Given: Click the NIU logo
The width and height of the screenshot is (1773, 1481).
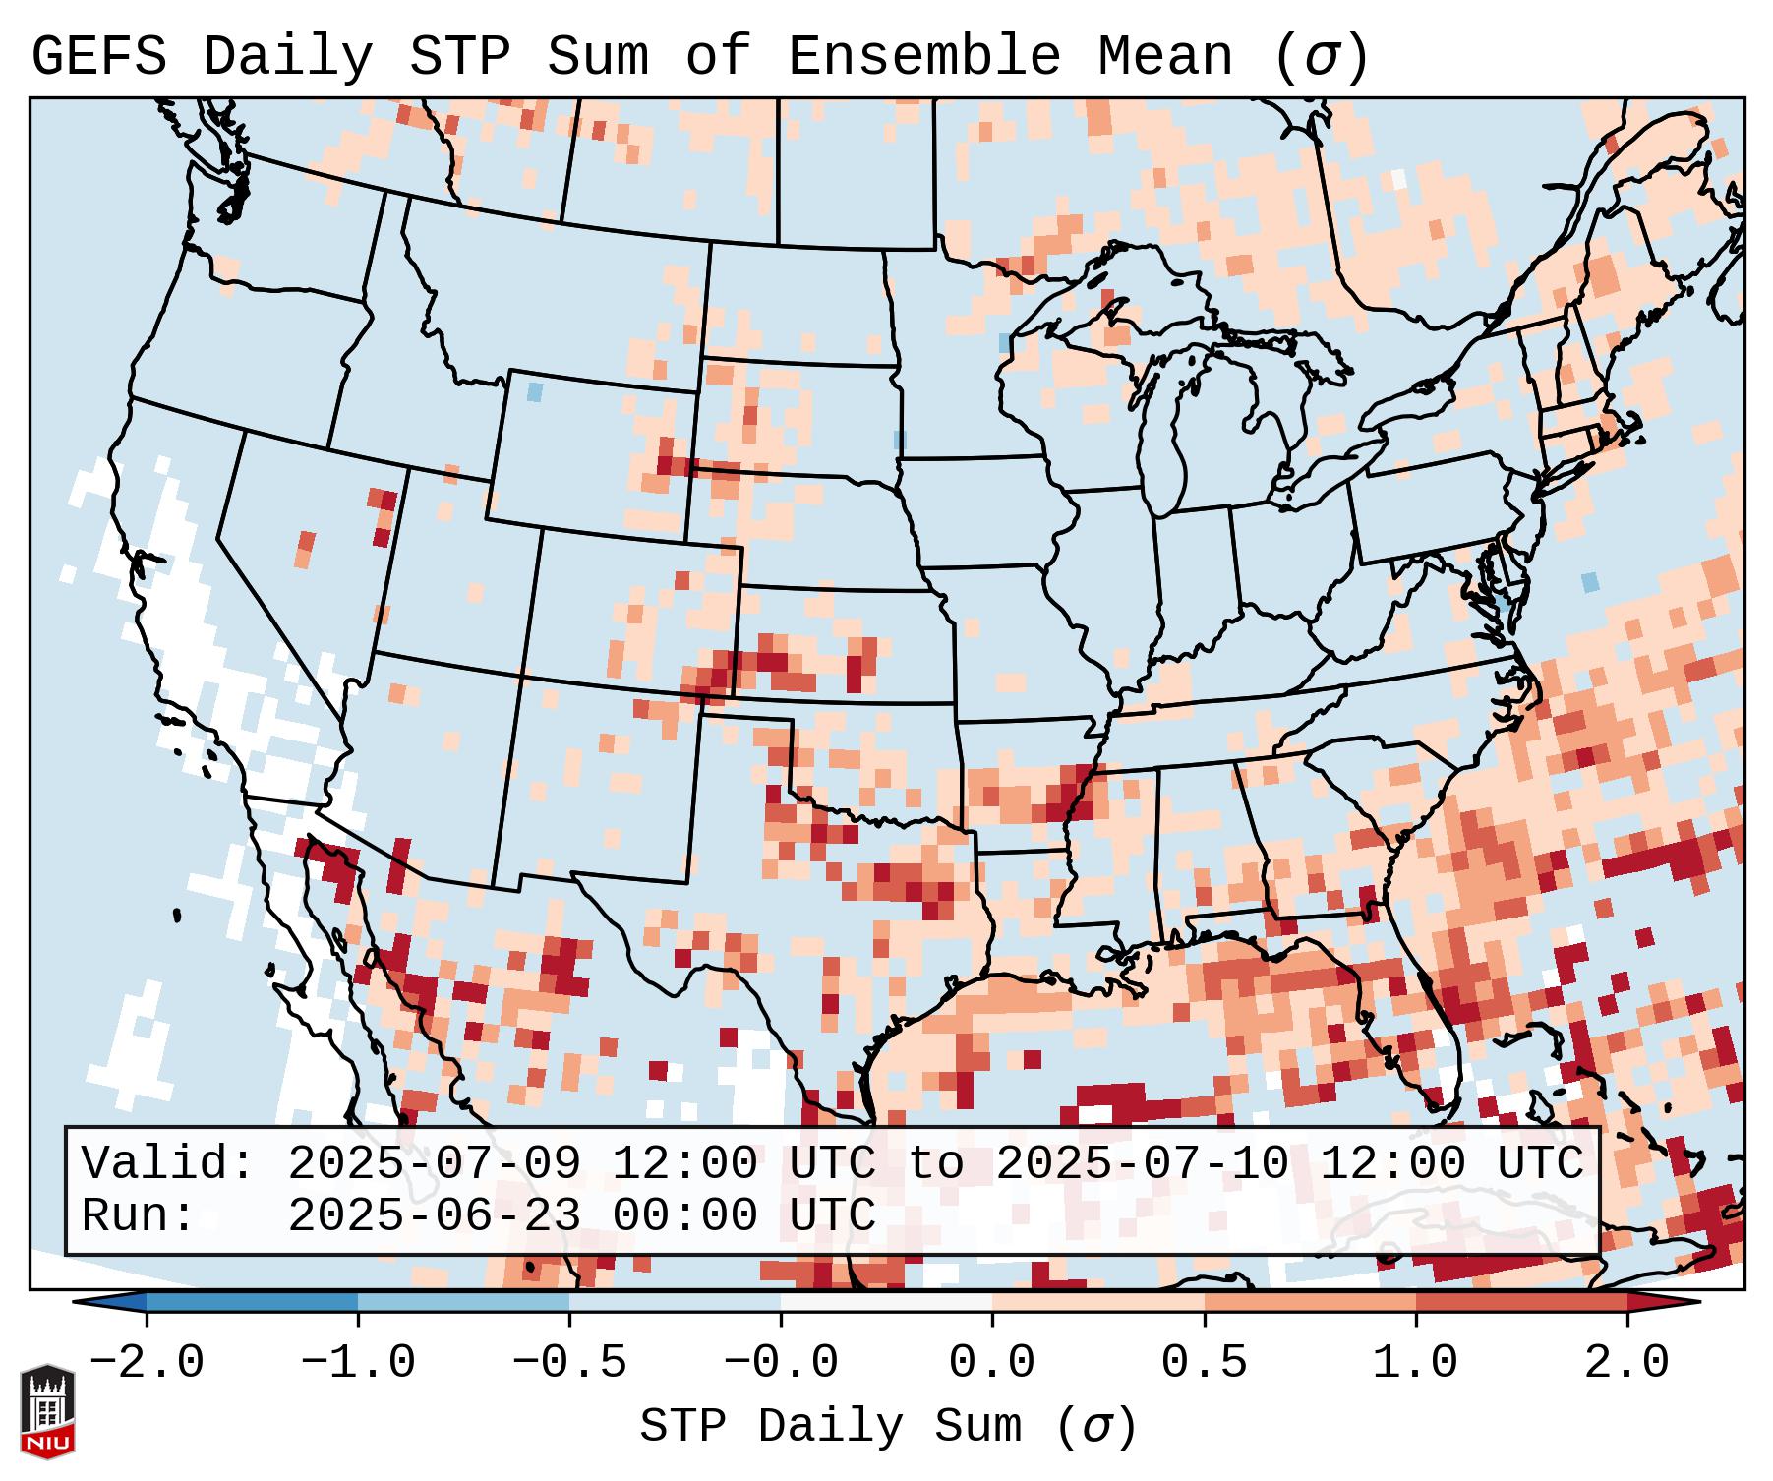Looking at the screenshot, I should tap(47, 1410).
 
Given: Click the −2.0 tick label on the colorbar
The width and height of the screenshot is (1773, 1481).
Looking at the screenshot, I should tap(147, 1363).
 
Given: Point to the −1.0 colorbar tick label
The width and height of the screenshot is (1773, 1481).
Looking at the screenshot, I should tap(358, 1363).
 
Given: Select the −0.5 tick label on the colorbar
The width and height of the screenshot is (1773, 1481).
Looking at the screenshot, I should tap(569, 1363).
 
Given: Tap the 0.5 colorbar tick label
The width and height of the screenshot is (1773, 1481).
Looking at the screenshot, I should tap(1204, 1363).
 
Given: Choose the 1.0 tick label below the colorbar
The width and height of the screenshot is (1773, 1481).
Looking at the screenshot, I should tap(1415, 1363).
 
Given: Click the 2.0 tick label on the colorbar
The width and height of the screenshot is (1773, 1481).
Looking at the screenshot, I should tap(1626, 1363).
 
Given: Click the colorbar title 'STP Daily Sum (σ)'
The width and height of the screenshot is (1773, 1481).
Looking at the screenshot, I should tap(888, 1427).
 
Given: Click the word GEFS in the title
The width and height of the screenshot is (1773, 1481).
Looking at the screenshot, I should tap(99, 57).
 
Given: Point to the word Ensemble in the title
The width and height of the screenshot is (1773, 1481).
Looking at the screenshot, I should tap(924, 57).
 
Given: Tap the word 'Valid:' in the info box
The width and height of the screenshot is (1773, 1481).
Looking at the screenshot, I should tap(168, 1164).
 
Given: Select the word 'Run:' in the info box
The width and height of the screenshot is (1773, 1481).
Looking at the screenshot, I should tap(139, 1215).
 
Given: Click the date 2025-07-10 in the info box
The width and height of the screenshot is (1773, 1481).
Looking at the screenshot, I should tap(1142, 1164).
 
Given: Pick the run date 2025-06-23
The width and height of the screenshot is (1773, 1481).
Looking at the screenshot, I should tap(433, 1215).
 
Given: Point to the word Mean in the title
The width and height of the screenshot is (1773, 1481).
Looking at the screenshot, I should tap(1165, 57).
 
